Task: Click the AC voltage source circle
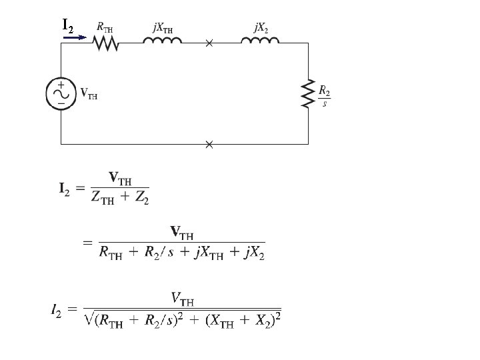[x=60, y=94]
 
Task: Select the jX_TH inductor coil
[x=162, y=41]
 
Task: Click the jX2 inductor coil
[x=261, y=41]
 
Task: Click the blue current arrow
[x=74, y=37]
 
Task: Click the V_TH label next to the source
[x=89, y=94]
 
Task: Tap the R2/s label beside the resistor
[x=324, y=96]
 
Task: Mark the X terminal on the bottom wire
[x=209, y=143]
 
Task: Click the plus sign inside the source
[x=61, y=86]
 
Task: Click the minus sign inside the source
[x=61, y=103]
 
